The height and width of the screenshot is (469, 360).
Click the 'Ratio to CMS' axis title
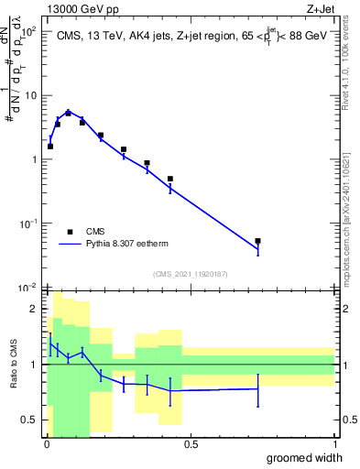click(x=13, y=364)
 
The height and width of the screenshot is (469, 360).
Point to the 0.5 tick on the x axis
click(x=190, y=443)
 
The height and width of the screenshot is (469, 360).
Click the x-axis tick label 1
click(x=333, y=443)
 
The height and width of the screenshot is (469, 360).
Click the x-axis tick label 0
click(x=46, y=443)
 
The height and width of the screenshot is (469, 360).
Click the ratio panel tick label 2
click(x=37, y=309)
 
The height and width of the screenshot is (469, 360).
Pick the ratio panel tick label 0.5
click(x=32, y=420)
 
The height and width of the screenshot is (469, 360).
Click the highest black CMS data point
click(x=68, y=113)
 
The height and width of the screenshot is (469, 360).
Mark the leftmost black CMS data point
click(x=50, y=146)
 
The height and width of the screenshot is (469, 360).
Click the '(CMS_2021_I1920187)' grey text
click(x=189, y=273)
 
